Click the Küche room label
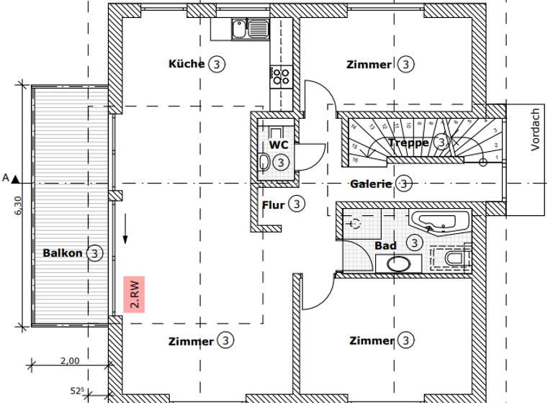pyautogui.click(x=186, y=64)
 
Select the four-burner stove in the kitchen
pyautogui.click(x=280, y=76)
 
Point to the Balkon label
pyautogui.click(x=63, y=253)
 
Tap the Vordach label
pyautogui.click(x=535, y=130)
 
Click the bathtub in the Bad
pyautogui.click(x=439, y=221)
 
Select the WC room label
pyautogui.click(x=279, y=145)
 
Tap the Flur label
pyautogui.click(x=273, y=205)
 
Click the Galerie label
pyautogui.click(x=371, y=184)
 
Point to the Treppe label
pyautogui.click(x=408, y=142)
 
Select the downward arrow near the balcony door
pyautogui.click(x=126, y=230)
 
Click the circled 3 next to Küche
pyautogui.click(x=217, y=64)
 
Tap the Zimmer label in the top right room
pyautogui.click(x=369, y=65)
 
